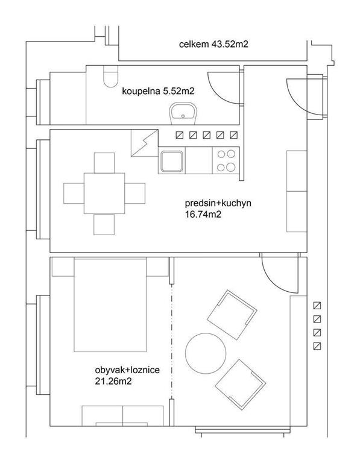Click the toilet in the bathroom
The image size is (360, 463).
(x=111, y=76)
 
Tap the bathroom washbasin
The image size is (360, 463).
(x=183, y=113)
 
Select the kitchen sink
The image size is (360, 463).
(x=172, y=161)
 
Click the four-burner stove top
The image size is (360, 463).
(x=226, y=160)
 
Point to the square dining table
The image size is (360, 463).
(x=104, y=194)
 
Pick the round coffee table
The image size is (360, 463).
(x=206, y=353)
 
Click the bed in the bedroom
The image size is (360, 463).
(x=110, y=304)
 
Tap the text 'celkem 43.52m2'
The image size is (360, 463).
(x=213, y=44)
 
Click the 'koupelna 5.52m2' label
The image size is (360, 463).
(x=159, y=91)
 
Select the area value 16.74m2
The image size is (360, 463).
(x=203, y=214)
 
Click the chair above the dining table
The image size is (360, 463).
(x=104, y=163)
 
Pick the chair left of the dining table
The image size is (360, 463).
(x=74, y=194)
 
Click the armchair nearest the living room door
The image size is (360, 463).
(x=232, y=315)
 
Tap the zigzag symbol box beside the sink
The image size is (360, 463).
(x=145, y=143)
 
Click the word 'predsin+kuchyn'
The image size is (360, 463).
(x=218, y=203)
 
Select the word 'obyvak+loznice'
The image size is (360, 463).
(x=127, y=370)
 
